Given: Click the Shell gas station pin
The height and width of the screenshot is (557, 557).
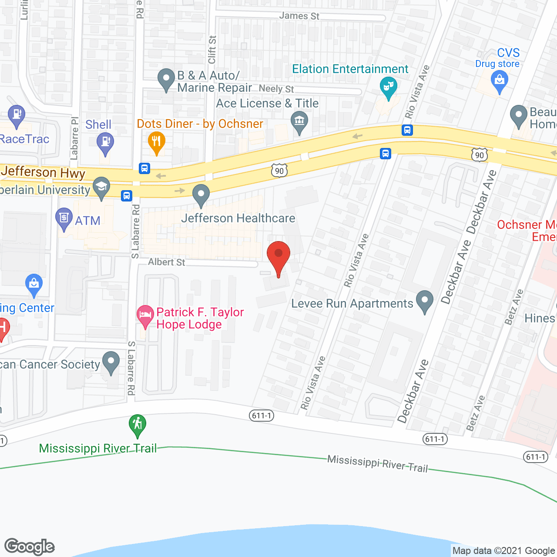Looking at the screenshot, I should tap(105, 142).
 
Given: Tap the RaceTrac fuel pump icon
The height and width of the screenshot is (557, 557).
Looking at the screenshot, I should tap(17, 116).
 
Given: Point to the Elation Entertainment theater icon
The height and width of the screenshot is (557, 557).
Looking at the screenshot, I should tap(388, 87).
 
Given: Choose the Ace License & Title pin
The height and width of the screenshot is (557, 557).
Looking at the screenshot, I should tap(299, 121).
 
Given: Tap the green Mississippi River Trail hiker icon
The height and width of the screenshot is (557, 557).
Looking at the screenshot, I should tap(138, 424).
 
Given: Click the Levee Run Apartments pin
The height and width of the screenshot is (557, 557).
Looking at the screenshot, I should tap(424, 301).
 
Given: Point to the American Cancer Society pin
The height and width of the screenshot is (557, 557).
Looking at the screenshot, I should tap(111, 362).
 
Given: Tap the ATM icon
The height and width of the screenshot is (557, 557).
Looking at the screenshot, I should tap(64, 218).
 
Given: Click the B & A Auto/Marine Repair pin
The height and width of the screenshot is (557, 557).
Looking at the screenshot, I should tap(166, 79).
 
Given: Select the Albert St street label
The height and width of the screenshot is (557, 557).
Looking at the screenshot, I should tap(166, 262).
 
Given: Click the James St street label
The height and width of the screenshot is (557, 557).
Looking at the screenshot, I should tap(299, 16).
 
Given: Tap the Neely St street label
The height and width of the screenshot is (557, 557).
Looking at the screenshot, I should tap(276, 89).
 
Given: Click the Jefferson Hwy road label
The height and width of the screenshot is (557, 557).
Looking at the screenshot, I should tap(43, 172).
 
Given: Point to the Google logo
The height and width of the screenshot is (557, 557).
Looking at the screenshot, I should tap(30, 547).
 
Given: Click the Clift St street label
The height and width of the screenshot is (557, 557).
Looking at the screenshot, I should tap(212, 50).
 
